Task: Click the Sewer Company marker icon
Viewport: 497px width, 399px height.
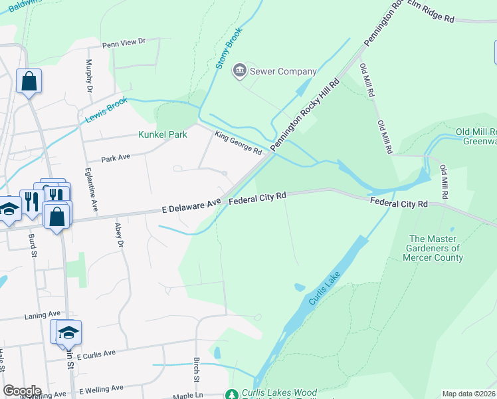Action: coord(239,70)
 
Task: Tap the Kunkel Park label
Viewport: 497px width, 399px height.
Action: coord(162,134)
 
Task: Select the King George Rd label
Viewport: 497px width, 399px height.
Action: coord(238,142)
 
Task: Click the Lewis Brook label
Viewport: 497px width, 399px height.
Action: coord(106,110)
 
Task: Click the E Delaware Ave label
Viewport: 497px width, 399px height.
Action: coord(191,207)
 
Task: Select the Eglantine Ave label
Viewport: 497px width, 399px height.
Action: coord(88,189)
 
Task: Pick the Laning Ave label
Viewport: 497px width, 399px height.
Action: coord(42,314)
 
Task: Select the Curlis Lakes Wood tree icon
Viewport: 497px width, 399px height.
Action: coord(232,394)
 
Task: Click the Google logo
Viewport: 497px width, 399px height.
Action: coord(21,391)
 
